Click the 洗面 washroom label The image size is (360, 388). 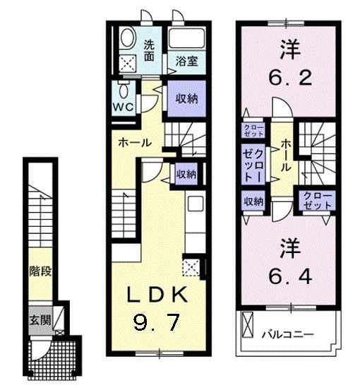click(x=150, y=49)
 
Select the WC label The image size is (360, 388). click(x=123, y=108)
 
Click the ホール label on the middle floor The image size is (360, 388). click(x=135, y=142)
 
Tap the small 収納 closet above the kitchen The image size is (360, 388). click(x=186, y=172)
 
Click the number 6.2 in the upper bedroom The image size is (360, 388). click(x=289, y=76)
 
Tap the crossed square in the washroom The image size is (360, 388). click(x=128, y=64)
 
